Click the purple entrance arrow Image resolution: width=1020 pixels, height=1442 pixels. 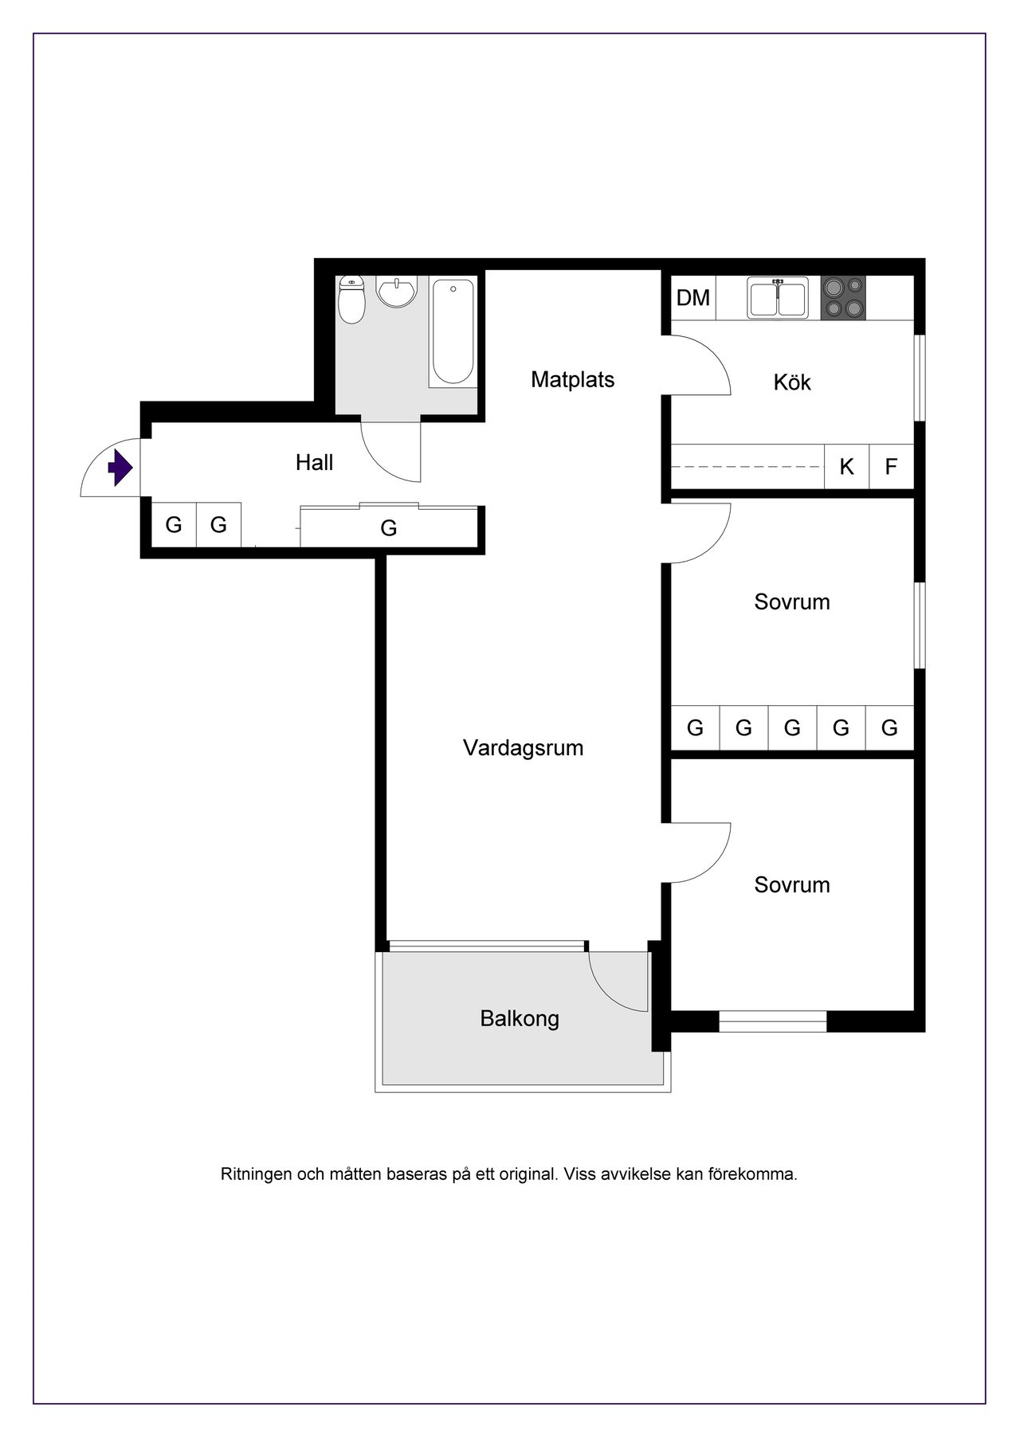120,468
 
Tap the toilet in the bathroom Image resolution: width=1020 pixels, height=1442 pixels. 351,300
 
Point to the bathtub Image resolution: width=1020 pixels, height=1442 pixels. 452,331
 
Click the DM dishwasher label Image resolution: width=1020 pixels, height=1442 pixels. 692,298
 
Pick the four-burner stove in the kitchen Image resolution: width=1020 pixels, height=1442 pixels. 843,298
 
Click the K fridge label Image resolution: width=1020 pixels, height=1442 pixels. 846,467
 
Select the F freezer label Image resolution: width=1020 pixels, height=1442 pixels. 891,467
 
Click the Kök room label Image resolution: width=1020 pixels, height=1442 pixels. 792,382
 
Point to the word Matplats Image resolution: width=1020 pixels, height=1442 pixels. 572,379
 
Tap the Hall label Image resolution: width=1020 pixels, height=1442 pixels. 314,463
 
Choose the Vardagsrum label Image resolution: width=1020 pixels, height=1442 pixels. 523,748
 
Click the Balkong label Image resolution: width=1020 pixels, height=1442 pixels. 520,1019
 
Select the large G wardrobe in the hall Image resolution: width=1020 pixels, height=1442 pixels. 389,527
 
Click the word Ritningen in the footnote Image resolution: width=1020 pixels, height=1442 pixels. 255,1174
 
